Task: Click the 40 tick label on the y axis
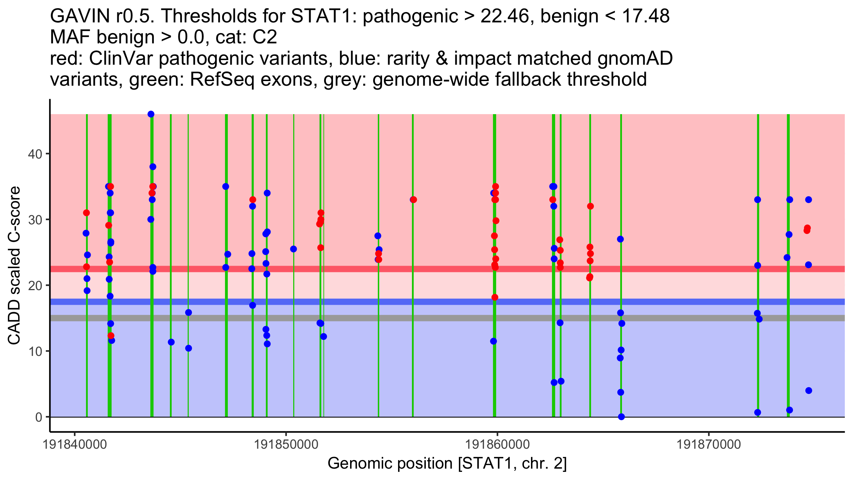click(x=34, y=154)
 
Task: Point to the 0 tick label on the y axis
click(x=38, y=417)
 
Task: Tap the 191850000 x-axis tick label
click(x=286, y=444)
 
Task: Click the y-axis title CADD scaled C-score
click(x=14, y=266)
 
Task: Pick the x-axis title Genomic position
click(x=447, y=464)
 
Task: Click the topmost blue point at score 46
click(x=151, y=114)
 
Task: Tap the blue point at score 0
click(x=621, y=417)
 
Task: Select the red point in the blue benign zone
click(x=111, y=336)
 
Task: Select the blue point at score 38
click(x=153, y=167)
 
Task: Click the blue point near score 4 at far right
click(x=809, y=390)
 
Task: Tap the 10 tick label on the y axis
click(x=34, y=351)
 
